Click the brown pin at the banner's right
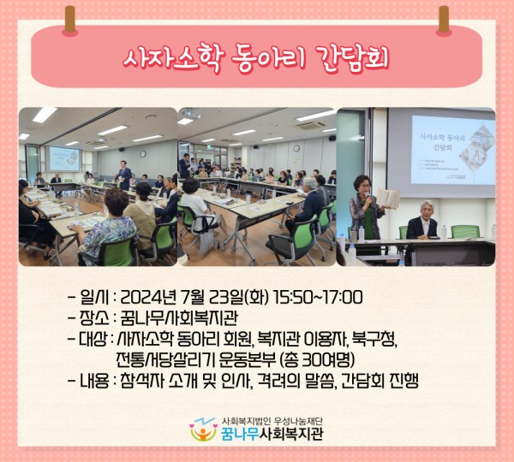(x=444, y=20)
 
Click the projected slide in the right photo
(x=451, y=150)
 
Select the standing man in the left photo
(x=124, y=175)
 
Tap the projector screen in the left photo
(x=64, y=157)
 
